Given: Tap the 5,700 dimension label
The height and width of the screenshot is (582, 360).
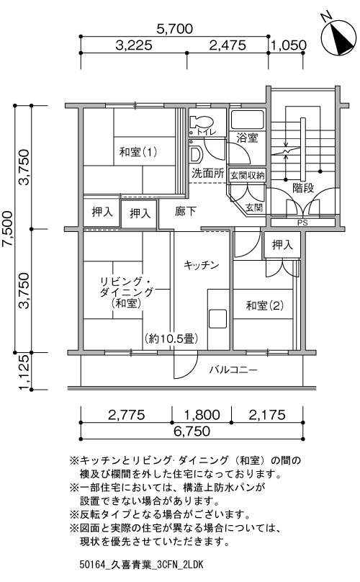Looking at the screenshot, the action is coord(174,29).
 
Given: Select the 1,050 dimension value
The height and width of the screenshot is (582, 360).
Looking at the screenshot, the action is coord(289,45).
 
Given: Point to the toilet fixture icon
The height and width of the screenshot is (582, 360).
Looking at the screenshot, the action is coord(201,122).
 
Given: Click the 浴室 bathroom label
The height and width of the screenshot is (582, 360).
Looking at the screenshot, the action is coord(247,138).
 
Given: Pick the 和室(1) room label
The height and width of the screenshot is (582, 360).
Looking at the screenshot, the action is coord(138,152).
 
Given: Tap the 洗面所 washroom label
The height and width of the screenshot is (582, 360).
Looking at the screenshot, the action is coord(208,174).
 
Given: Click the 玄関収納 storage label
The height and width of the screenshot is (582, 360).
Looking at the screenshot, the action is coord(247,175).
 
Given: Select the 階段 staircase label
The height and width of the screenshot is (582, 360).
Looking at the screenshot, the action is coord(303,188).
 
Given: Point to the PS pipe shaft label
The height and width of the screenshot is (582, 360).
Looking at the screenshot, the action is coord(302,223).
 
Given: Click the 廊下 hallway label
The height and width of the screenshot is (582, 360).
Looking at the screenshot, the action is coord(186,212).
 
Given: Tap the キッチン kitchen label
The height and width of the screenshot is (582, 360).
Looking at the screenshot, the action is coord(202,265).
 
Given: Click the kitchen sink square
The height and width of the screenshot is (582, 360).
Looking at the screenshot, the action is coord(217,318).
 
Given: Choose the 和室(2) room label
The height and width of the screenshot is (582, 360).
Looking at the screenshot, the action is coord(265,305).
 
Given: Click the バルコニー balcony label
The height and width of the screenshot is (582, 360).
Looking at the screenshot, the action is coord(233,370).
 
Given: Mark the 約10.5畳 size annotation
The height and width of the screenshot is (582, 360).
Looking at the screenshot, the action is coord(171,339).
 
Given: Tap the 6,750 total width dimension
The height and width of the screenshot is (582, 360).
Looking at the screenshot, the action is coord(192,431).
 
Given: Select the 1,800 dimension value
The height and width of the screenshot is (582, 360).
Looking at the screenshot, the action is coord(202,415).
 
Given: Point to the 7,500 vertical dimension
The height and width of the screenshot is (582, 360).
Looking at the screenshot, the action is coord(7,228).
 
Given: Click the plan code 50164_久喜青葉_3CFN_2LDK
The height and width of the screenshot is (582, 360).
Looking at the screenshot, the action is coord(141,565).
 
